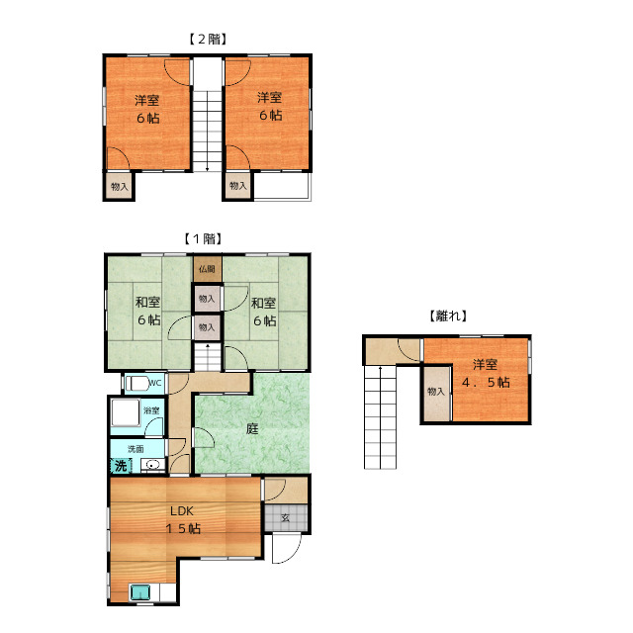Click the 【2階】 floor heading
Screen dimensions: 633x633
(x=208, y=40)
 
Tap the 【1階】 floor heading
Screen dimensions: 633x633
(x=203, y=238)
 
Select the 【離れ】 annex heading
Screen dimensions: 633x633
(x=448, y=316)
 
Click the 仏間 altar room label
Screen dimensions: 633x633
(x=207, y=269)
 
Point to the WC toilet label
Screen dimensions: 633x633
(x=155, y=383)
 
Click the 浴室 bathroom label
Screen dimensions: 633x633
(x=151, y=410)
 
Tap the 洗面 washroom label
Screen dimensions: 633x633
(x=136, y=448)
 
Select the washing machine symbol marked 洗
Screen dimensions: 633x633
(x=121, y=466)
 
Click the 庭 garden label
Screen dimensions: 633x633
(x=252, y=428)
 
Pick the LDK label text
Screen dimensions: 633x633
(x=182, y=511)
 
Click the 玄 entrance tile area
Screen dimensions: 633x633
(x=286, y=517)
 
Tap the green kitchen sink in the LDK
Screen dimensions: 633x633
(x=139, y=592)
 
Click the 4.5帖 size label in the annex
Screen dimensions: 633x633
(x=486, y=382)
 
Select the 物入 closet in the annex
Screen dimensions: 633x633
(x=436, y=394)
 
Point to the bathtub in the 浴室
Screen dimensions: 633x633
(x=126, y=412)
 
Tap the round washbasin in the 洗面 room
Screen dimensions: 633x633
(x=151, y=465)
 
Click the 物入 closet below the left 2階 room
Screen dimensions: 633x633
(x=119, y=186)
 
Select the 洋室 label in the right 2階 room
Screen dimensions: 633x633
(x=270, y=97)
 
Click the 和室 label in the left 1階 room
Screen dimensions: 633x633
(x=147, y=302)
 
